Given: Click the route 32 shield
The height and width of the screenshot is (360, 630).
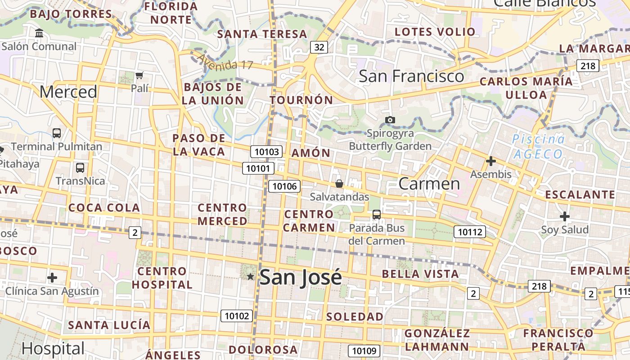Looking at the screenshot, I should click(x=319, y=47).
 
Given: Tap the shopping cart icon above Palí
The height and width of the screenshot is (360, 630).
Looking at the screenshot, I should click(x=139, y=75).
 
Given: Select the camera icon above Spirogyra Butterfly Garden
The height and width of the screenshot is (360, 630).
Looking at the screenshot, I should click(x=390, y=120).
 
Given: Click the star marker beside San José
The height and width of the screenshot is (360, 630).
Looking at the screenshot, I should click(x=251, y=276).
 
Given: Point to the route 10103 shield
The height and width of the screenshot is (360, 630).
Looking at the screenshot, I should click(x=267, y=152).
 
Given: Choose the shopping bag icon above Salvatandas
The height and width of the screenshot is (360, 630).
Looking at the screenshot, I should click(x=339, y=184).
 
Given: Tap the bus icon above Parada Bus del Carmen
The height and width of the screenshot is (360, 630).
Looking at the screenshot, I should click(x=377, y=215).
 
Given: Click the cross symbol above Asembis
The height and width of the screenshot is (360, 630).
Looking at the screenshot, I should click(x=491, y=161).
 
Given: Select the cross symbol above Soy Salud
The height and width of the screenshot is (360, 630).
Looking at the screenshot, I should click(x=565, y=216).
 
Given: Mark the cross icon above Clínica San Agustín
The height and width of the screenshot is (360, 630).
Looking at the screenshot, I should click(x=52, y=277).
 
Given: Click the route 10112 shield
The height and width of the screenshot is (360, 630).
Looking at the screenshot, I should click(x=470, y=232).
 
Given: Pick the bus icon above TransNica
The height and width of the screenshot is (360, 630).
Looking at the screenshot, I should click(x=80, y=168).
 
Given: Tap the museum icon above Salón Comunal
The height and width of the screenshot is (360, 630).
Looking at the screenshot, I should click(x=39, y=33).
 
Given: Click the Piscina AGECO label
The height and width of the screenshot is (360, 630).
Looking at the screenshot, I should click(x=538, y=147).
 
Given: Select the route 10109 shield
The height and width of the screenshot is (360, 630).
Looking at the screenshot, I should click(x=364, y=351).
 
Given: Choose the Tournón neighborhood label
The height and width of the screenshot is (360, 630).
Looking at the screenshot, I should click(x=301, y=100).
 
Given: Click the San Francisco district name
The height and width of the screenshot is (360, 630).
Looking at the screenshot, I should click(x=411, y=76).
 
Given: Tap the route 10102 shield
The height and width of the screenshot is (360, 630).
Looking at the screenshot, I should click(x=237, y=316).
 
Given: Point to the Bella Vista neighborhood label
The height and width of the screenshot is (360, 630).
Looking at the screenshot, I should click(x=420, y=274).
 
